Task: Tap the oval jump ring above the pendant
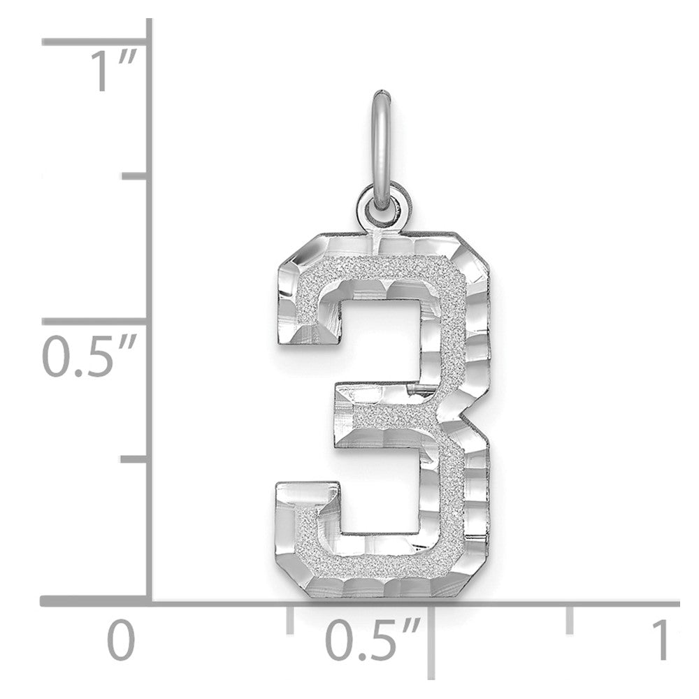click(x=381, y=147)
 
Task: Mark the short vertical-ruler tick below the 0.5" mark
click(x=134, y=459)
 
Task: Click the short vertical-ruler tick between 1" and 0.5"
click(x=134, y=175)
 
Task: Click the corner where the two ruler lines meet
click(x=150, y=600)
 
